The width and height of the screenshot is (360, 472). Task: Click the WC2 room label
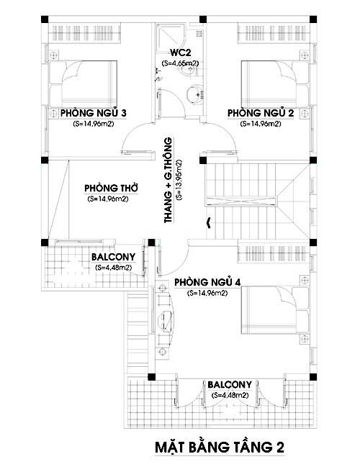[x=181, y=53]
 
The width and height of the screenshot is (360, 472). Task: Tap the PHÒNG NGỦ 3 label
[x=94, y=113]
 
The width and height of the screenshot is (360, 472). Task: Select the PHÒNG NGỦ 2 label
[x=261, y=113]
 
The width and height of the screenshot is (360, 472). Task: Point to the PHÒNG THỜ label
[x=111, y=188]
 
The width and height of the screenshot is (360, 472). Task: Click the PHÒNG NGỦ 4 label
[x=207, y=282]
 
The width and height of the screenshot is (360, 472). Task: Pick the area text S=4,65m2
[x=181, y=63]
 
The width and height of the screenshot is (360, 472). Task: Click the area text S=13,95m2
[x=179, y=180]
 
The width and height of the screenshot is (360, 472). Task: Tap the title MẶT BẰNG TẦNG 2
[x=220, y=447]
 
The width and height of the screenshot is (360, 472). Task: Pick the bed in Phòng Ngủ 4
[x=275, y=310]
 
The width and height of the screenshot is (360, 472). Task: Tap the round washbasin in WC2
[x=193, y=95]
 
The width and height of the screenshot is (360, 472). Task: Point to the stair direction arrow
[x=208, y=222]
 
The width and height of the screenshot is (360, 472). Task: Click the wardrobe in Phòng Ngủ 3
[x=82, y=33]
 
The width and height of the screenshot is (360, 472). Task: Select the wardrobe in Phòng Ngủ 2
[x=274, y=33]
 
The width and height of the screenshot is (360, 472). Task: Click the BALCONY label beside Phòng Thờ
[x=113, y=257]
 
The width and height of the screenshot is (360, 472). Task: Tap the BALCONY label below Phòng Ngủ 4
[x=230, y=385]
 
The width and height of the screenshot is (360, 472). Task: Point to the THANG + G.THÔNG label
[x=168, y=180]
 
